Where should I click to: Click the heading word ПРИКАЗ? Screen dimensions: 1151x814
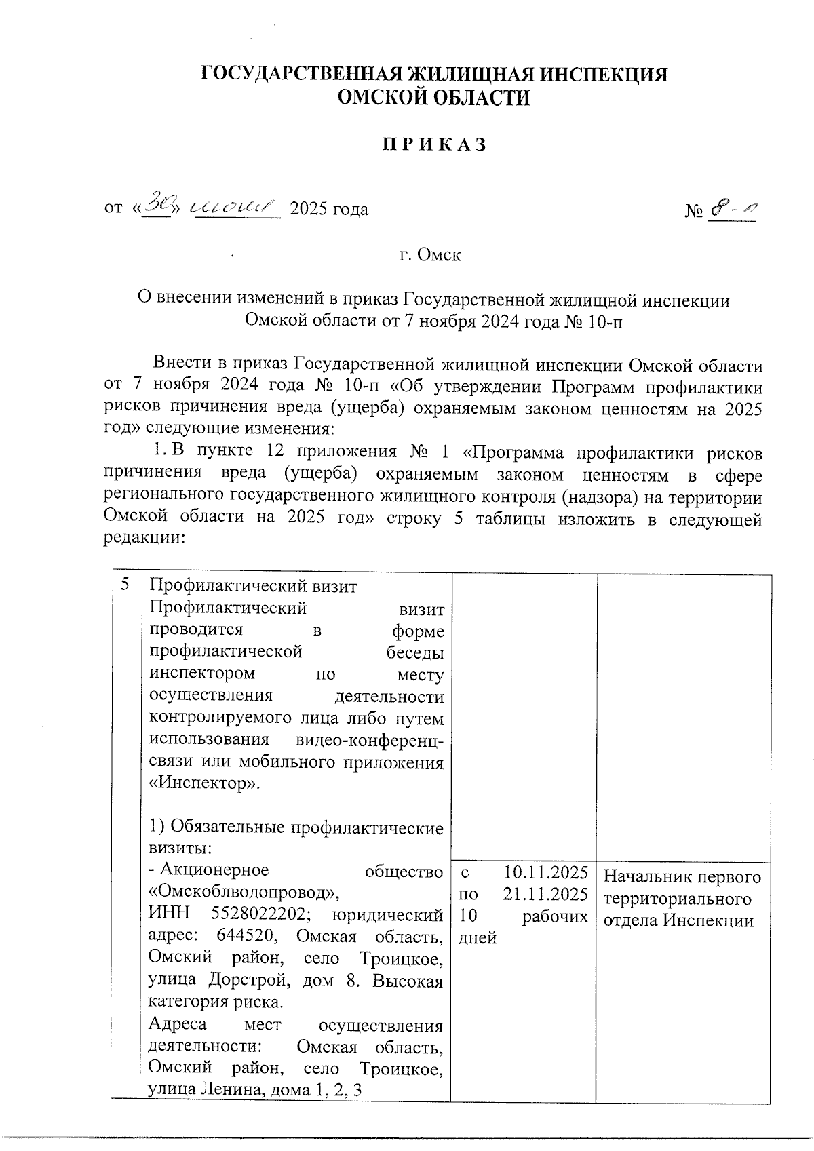tap(434, 145)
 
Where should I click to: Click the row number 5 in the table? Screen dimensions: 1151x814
tap(125, 585)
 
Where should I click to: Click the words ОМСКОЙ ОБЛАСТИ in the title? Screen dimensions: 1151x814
tap(434, 99)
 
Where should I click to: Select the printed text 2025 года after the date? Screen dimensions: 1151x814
tap(329, 209)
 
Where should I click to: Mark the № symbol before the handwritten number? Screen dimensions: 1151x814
tap(693, 211)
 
